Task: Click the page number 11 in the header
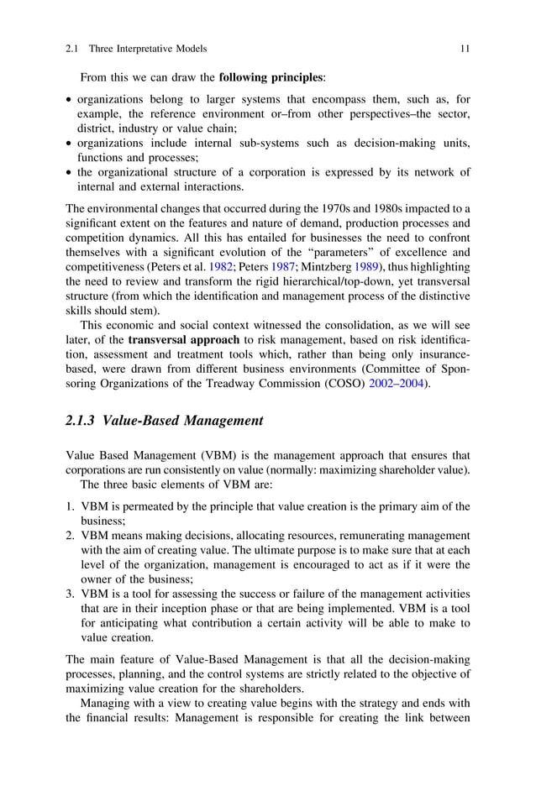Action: [465, 50]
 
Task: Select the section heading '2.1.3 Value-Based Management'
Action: [165, 421]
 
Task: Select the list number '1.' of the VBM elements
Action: [71, 506]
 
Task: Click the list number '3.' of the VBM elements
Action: [71, 594]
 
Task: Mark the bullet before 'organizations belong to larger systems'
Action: [69, 99]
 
